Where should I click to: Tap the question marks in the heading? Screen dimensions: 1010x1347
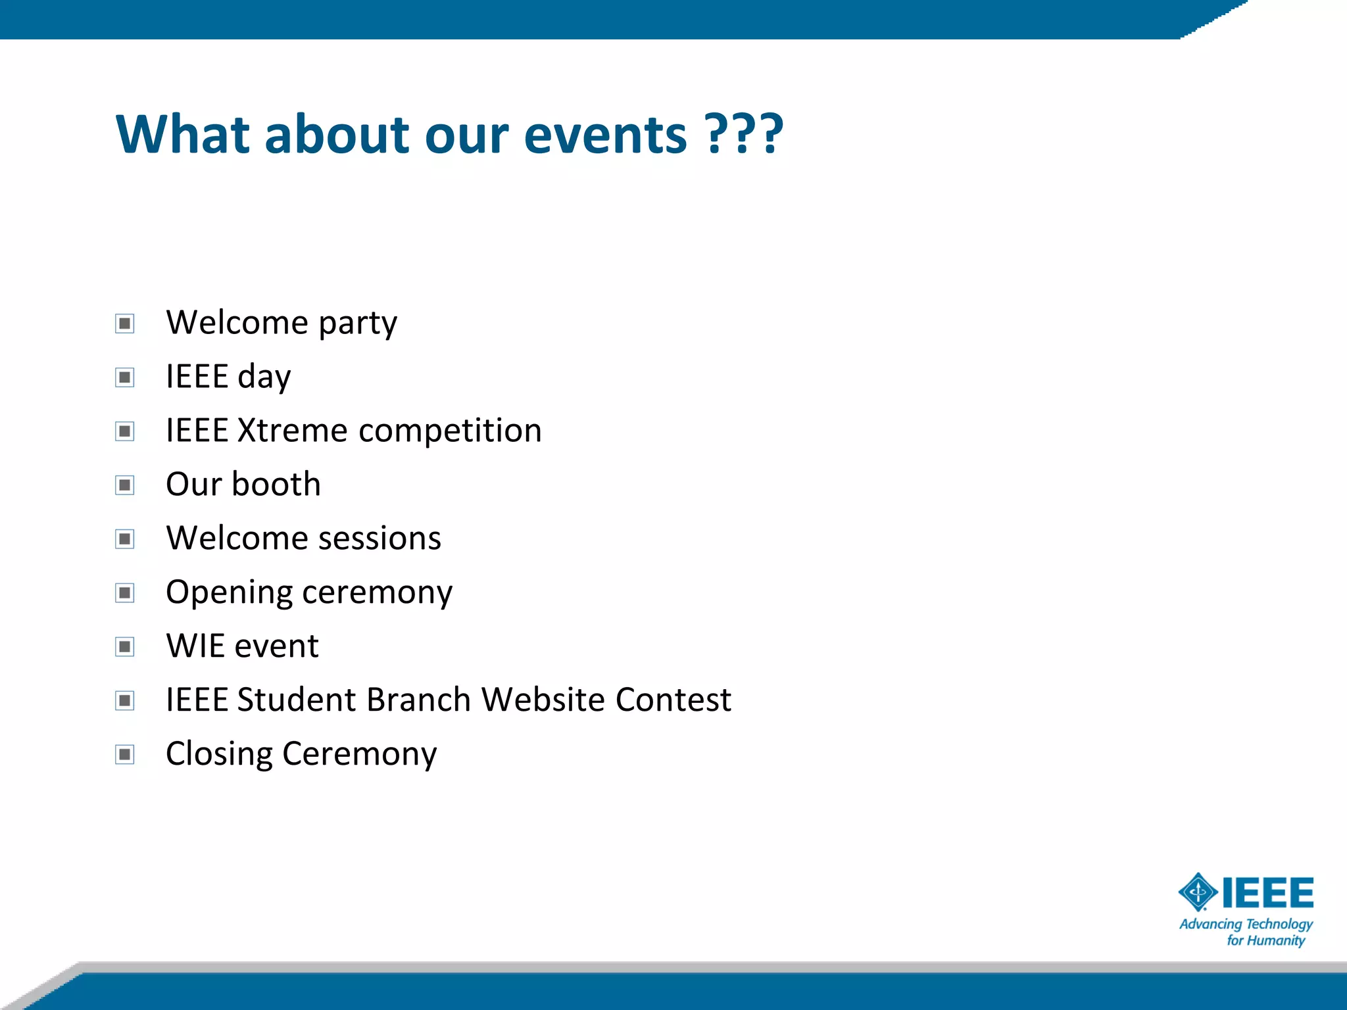(x=744, y=135)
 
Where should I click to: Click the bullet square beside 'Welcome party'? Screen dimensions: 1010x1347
(x=124, y=324)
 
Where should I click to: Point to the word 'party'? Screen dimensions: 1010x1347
(x=358, y=324)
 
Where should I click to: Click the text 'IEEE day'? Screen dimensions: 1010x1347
(x=228, y=377)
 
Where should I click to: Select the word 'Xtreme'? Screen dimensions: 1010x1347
(x=292, y=431)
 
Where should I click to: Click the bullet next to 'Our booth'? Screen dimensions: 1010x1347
(x=124, y=485)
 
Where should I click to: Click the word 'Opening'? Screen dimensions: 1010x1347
(x=228, y=593)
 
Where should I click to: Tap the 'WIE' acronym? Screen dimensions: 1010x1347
(x=195, y=646)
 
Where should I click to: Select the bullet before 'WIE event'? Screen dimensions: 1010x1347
(x=124, y=647)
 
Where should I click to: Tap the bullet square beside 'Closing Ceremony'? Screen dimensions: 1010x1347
(x=124, y=754)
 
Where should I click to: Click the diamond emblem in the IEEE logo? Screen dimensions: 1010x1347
(x=1198, y=892)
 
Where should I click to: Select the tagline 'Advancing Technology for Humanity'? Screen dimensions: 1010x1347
(x=1246, y=932)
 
